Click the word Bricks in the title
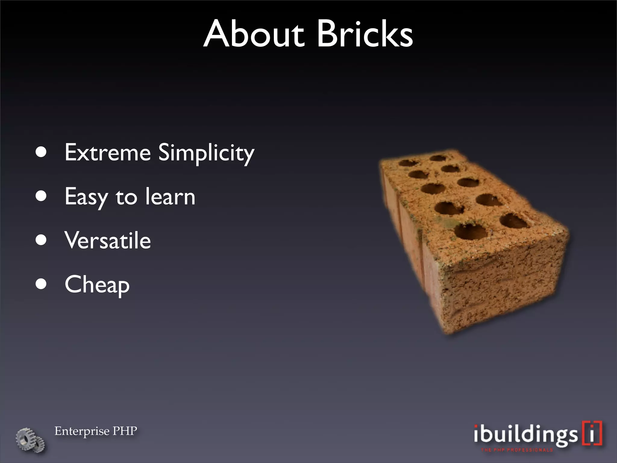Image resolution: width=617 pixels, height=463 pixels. pos(365,34)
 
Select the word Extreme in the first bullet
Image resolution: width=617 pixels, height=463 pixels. pos(108,153)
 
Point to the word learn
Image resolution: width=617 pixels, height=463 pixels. pos(170,197)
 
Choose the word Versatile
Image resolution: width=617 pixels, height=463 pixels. pos(108,241)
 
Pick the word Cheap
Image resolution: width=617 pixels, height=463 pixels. pos(97,285)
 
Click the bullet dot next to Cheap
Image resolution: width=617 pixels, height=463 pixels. pos(41,284)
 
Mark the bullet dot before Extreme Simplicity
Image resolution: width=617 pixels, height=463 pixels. pos(41,152)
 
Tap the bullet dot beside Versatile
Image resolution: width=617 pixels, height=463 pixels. pos(41,240)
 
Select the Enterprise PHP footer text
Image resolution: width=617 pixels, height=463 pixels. pos(96,431)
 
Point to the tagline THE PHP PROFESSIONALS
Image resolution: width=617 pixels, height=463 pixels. pos(517,450)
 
